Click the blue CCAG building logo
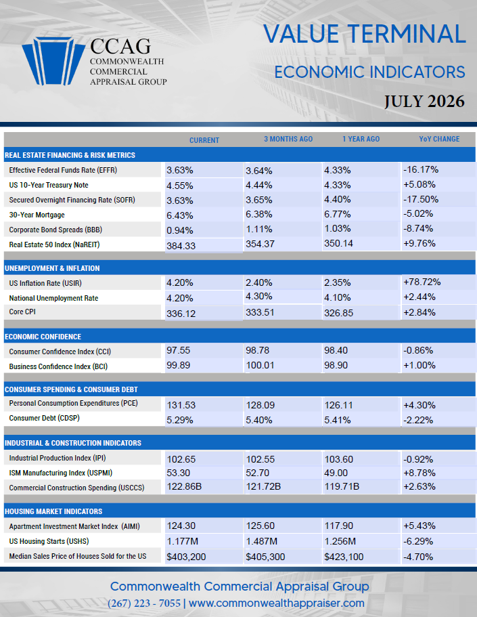53,61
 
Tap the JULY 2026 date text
424,101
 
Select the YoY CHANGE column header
439,139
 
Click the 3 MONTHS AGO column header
288,139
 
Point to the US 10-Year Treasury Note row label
49,185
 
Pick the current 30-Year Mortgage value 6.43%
180,215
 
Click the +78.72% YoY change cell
422,282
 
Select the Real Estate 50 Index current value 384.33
181,246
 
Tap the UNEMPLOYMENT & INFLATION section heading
52,268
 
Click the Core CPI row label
22,312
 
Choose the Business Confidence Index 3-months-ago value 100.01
260,366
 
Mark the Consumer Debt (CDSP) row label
45,418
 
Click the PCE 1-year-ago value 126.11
338,405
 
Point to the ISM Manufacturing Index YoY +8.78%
419,473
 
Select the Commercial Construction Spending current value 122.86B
184,487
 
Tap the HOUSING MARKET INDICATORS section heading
53,511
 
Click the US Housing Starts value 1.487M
262,541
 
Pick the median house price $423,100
344,557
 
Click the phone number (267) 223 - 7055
144,603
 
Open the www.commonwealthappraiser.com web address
277,603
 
